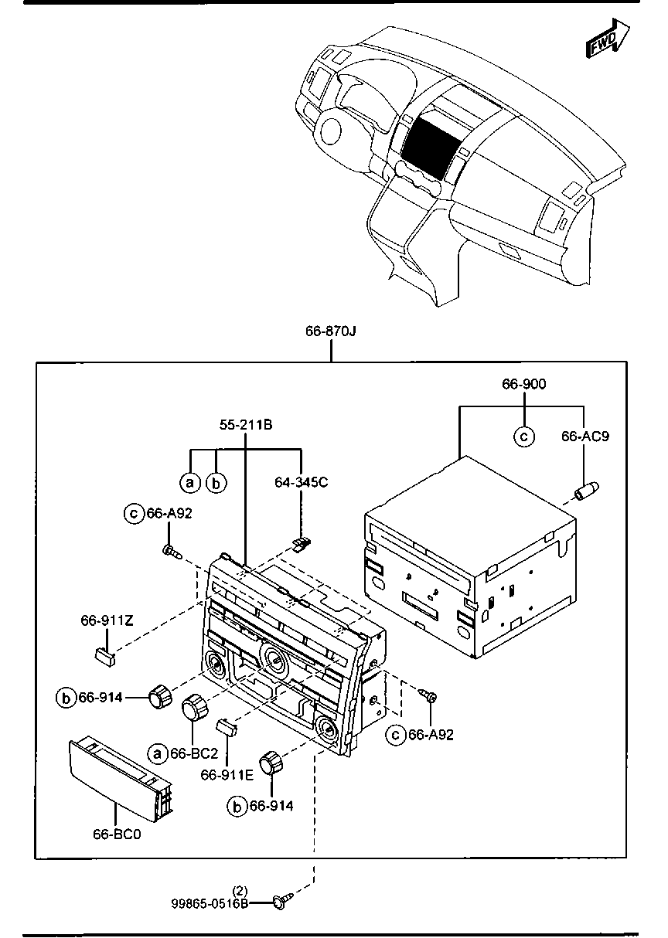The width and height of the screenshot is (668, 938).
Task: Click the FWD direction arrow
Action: click(x=608, y=39)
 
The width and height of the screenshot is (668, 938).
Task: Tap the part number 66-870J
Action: click(x=331, y=331)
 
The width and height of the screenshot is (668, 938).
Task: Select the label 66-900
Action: click(x=524, y=384)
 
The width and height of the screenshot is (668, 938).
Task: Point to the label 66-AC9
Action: click(x=585, y=437)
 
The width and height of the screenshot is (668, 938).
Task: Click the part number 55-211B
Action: click(x=246, y=425)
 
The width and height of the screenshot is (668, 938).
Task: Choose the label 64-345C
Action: click(x=302, y=482)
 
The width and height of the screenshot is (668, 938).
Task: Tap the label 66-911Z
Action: click(x=107, y=620)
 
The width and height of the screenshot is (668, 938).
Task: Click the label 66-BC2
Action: click(x=195, y=753)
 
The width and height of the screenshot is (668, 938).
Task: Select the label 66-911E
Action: click(x=227, y=775)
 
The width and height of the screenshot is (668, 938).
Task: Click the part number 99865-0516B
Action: click(x=210, y=904)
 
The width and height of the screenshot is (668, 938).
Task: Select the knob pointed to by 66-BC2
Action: click(x=195, y=708)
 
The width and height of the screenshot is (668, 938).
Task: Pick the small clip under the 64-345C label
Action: click(x=302, y=545)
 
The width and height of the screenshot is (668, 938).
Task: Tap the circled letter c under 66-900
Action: click(x=524, y=437)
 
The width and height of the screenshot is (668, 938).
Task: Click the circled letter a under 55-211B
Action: click(x=190, y=483)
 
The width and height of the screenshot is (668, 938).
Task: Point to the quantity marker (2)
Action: click(x=240, y=890)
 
